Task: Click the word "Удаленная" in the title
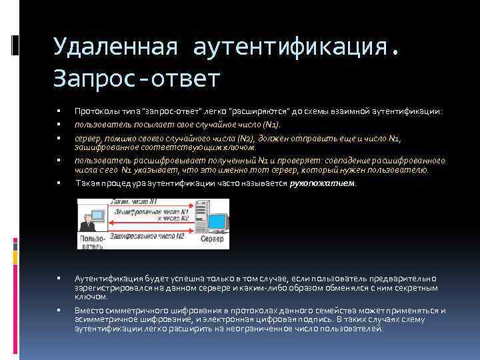[114, 48]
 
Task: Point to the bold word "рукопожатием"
[323, 183]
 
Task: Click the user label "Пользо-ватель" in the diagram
[91, 241]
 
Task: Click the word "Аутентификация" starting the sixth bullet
[104, 278]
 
